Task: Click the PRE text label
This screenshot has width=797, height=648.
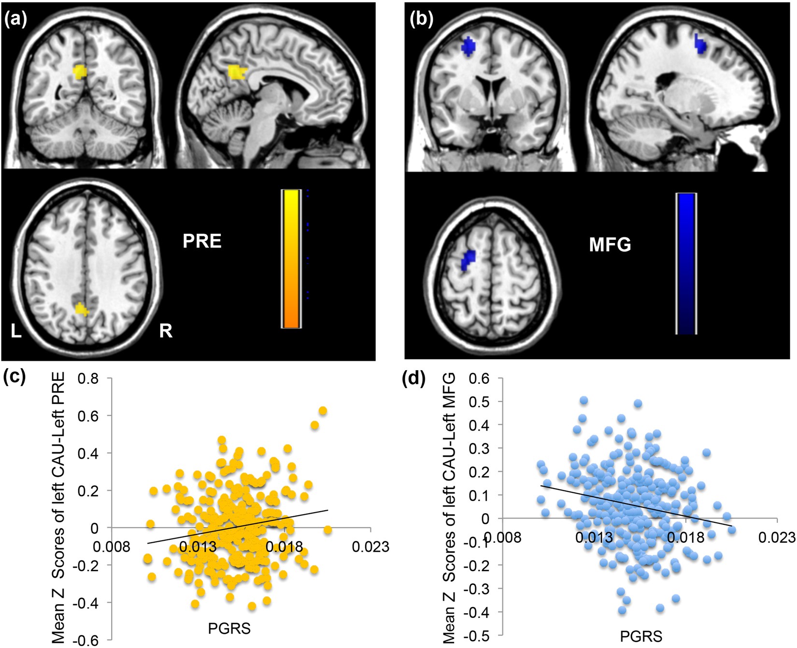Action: tap(202, 241)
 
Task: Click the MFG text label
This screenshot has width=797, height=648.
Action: tap(610, 245)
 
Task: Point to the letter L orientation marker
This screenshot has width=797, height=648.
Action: tap(16, 331)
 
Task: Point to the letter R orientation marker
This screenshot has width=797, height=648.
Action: tap(166, 331)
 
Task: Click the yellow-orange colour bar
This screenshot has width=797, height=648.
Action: tap(291, 259)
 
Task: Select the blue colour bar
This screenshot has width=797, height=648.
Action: tap(686, 264)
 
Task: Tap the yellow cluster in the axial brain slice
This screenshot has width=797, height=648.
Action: tap(82, 309)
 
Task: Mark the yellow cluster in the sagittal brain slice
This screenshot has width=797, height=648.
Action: tap(237, 72)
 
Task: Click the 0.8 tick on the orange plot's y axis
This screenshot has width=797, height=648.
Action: tap(88, 378)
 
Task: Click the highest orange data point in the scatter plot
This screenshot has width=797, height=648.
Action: tap(323, 411)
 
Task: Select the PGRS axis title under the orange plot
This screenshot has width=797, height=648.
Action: tap(229, 628)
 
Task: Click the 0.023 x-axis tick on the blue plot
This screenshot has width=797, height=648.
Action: tap(777, 537)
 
